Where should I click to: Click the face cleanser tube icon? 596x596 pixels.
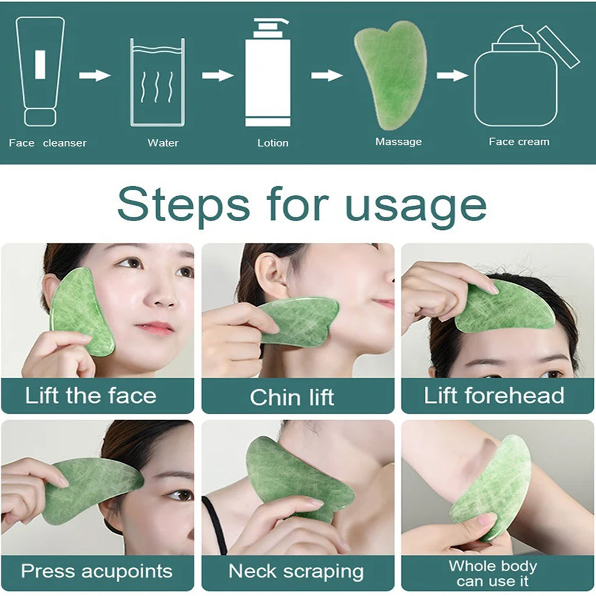coord(40,71)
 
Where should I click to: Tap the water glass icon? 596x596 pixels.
coord(157,83)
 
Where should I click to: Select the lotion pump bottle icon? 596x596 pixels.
coord(267,73)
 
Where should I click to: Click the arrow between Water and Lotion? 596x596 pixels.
coord(217,75)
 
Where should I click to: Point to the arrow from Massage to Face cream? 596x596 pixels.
coord(452,75)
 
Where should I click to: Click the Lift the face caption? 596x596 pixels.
coord(91,396)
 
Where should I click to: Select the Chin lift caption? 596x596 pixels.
coord(292,398)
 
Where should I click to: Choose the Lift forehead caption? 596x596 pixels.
coord(494,396)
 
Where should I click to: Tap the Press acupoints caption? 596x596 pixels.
coord(97,571)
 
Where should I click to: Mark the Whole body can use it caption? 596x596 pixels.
coord(492,573)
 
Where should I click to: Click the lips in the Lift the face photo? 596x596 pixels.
coord(157,328)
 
